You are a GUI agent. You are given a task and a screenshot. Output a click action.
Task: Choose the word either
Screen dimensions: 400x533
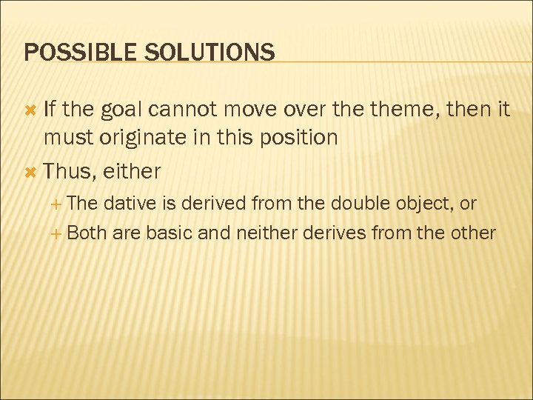point(132,171)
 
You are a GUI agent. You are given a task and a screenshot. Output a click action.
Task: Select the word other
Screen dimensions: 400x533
point(473,233)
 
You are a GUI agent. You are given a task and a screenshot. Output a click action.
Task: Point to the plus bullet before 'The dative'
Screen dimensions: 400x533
point(58,204)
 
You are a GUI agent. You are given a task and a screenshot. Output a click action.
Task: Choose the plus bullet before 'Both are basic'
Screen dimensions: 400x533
point(58,233)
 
